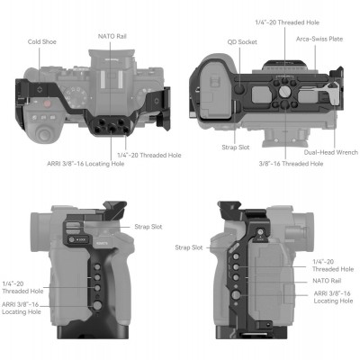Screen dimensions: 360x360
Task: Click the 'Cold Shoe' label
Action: point(43,40)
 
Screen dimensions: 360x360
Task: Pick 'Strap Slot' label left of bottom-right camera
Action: point(188,247)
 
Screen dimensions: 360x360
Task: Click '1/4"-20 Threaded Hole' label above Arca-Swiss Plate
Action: point(285,22)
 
